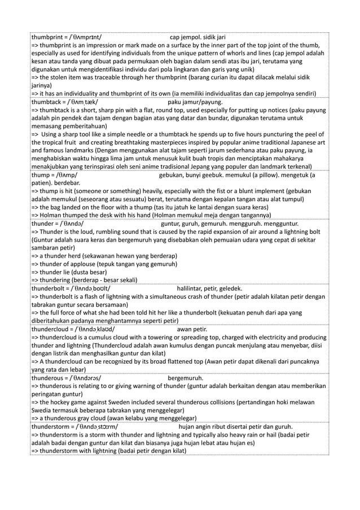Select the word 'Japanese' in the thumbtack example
pos(302,143)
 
